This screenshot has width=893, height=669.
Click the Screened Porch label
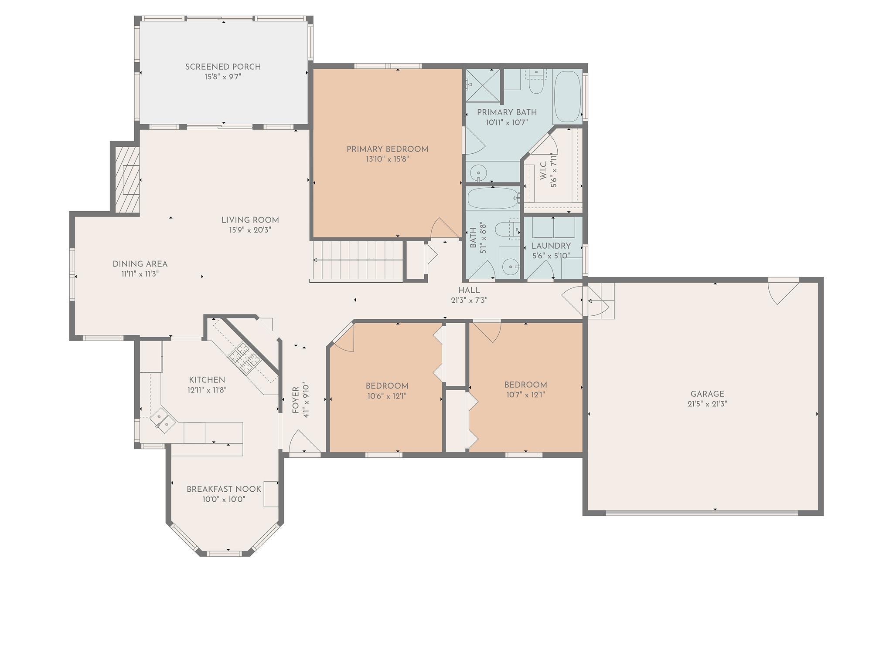(x=223, y=67)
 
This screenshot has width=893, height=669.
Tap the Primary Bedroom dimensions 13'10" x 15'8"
(x=387, y=159)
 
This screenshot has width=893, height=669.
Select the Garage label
(x=707, y=394)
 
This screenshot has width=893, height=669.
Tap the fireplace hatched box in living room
(x=127, y=179)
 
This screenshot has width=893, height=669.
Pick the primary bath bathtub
(x=567, y=97)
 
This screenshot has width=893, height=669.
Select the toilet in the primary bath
(x=535, y=85)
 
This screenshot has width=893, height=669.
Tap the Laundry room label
(x=551, y=246)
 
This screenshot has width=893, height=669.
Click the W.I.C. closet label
(x=543, y=170)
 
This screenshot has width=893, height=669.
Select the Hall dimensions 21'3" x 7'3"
(x=469, y=300)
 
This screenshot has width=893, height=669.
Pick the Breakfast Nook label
(x=224, y=489)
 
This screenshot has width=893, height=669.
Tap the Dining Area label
(x=140, y=264)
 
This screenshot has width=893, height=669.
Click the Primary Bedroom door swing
(x=445, y=229)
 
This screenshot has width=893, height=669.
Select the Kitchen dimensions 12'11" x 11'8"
(x=207, y=390)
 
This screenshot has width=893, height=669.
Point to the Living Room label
(x=250, y=220)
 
